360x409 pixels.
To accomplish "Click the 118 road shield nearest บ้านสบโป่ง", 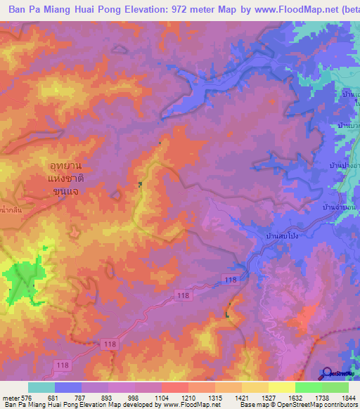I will click(231, 280).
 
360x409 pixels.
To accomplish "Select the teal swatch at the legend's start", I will click(41, 387).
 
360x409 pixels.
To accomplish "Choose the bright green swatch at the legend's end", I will click(335, 387).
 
